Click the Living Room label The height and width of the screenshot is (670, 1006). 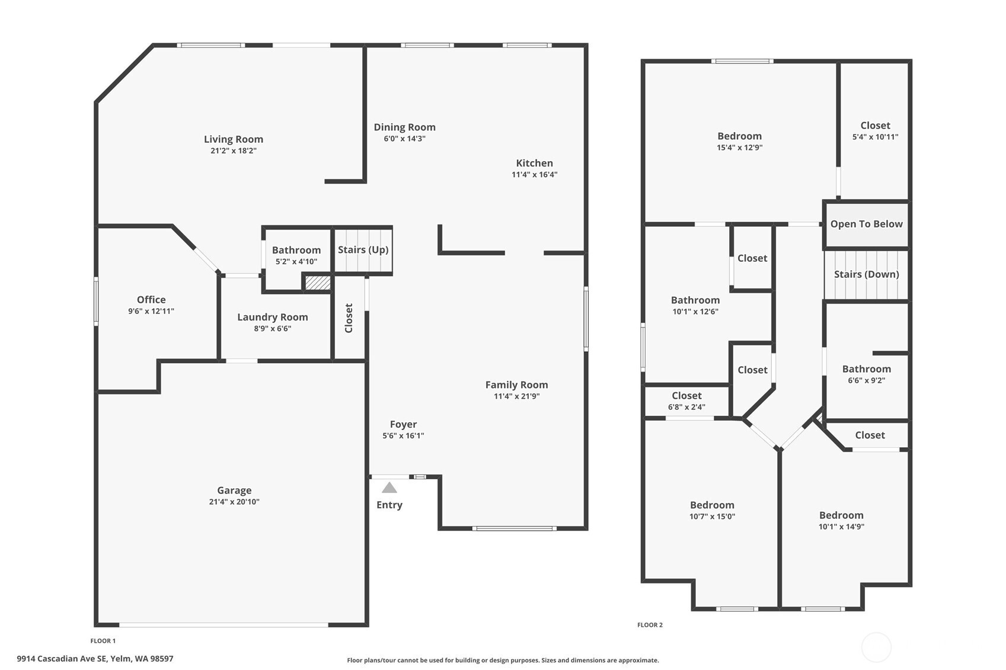[x=234, y=139]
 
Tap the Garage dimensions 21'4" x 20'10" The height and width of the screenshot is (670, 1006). [x=234, y=502]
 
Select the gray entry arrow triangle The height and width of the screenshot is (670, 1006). [x=389, y=488]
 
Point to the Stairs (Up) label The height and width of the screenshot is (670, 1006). [x=363, y=249]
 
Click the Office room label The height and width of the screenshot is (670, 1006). [x=151, y=299]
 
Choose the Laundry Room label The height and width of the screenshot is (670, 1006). [x=273, y=318]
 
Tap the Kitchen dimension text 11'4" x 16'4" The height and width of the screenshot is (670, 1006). [x=535, y=175]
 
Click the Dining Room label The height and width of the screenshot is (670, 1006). [x=405, y=127]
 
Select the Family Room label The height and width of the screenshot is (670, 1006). [x=516, y=385]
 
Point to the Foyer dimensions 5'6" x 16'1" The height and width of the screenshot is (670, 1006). [x=403, y=436]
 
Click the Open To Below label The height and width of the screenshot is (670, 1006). [x=866, y=224]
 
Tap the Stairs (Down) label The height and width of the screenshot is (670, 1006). [x=866, y=274]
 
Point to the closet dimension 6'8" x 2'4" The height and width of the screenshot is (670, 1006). [x=686, y=407]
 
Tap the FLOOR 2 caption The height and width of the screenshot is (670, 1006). [x=650, y=624]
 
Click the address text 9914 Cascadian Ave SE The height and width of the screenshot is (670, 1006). [x=62, y=659]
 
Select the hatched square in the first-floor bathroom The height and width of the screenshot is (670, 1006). [x=318, y=283]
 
